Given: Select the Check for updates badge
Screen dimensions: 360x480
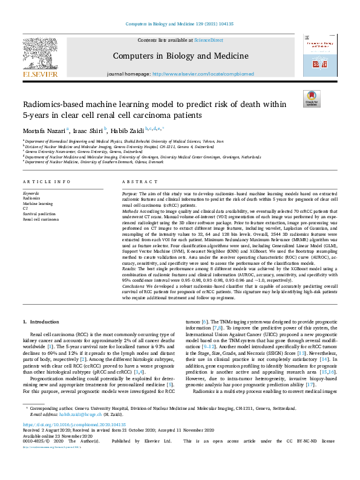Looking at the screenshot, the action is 311,98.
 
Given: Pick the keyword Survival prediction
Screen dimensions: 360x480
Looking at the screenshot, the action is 39,213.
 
